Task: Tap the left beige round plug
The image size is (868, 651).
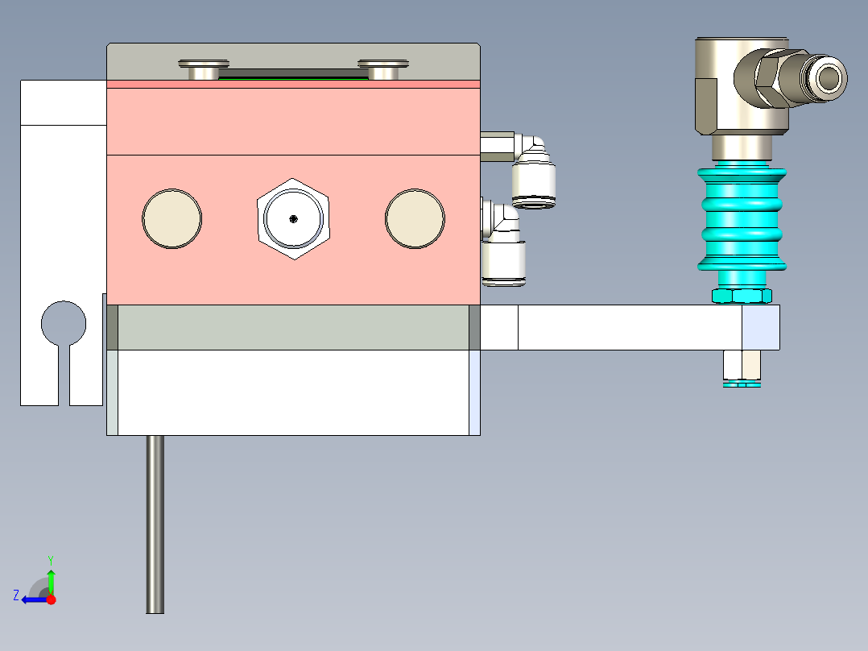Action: click(x=172, y=218)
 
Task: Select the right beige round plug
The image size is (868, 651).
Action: click(x=415, y=218)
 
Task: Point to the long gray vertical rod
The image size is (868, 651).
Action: click(x=155, y=524)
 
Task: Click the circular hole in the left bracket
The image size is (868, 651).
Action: click(x=64, y=322)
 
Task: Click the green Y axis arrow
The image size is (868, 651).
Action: click(x=51, y=578)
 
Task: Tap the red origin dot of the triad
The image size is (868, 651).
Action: click(x=52, y=599)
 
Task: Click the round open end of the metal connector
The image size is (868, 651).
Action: click(x=830, y=78)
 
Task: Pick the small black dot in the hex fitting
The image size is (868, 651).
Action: click(x=293, y=218)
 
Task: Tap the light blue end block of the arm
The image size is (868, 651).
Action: click(x=761, y=327)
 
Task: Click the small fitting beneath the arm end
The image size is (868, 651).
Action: click(x=742, y=368)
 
